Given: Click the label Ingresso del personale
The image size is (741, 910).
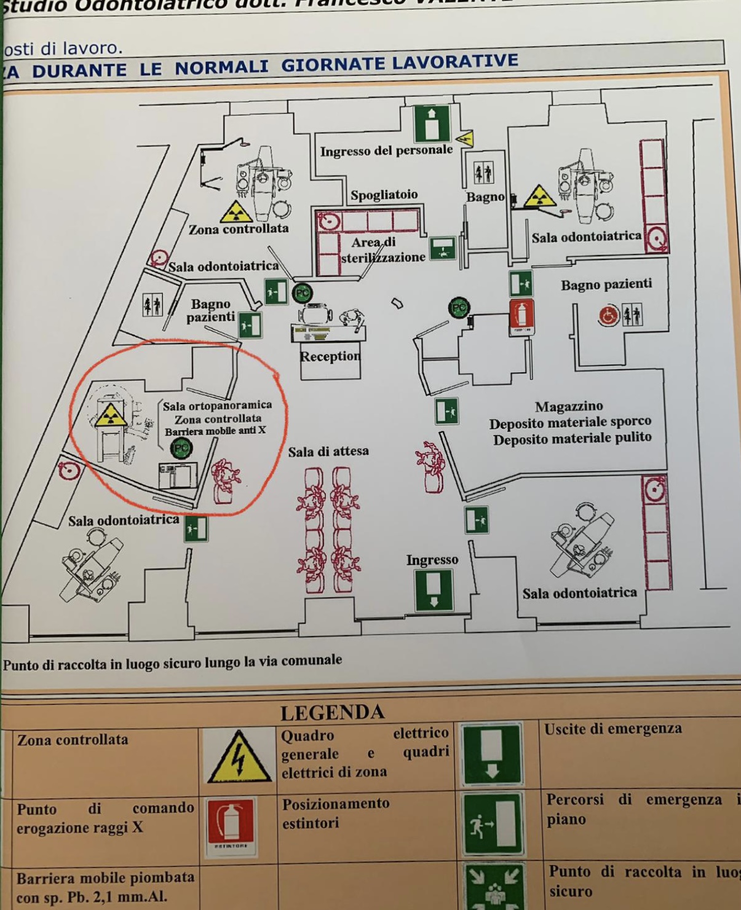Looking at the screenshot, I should point(386,151).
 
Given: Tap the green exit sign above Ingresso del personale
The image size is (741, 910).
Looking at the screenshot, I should point(432,124).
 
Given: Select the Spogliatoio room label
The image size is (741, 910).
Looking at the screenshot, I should point(384,195).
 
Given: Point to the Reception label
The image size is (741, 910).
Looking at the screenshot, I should point(330,356).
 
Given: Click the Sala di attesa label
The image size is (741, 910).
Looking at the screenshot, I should point(328,452).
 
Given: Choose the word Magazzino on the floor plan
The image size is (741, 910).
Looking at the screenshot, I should point(569,406).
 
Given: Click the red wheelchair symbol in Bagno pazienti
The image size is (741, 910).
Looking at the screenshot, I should point(608,316).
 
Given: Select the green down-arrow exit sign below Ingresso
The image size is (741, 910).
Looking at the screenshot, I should point(434,590).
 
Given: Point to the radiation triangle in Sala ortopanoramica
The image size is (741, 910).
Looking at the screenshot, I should point(110,415).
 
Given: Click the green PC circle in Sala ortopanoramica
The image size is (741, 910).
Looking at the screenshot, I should point(181,449).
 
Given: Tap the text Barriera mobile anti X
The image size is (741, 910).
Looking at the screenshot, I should point(215,431).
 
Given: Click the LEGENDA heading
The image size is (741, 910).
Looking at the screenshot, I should point(332,713).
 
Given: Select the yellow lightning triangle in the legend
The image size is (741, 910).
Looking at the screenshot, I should point(238,757).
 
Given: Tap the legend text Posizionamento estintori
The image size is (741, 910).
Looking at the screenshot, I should point(336,813).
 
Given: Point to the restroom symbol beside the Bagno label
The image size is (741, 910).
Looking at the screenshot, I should point(483,173).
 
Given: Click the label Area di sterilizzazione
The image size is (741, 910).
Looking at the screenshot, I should point(382,250).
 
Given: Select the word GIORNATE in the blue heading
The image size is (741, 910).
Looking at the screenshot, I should point(333,64).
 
